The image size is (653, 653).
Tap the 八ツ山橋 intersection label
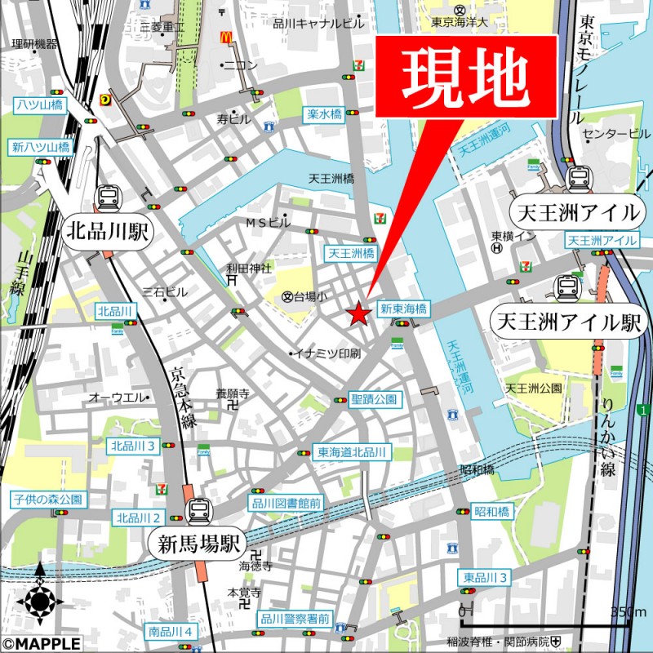38,105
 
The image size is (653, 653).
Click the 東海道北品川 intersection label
354,452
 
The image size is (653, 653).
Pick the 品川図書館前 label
286,504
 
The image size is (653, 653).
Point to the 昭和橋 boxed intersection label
492,512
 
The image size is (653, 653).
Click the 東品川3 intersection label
484,578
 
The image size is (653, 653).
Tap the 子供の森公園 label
47,499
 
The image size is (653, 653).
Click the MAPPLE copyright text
41,644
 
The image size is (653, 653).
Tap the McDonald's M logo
226,38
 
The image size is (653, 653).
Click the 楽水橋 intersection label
324,115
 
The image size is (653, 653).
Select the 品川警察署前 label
295,619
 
